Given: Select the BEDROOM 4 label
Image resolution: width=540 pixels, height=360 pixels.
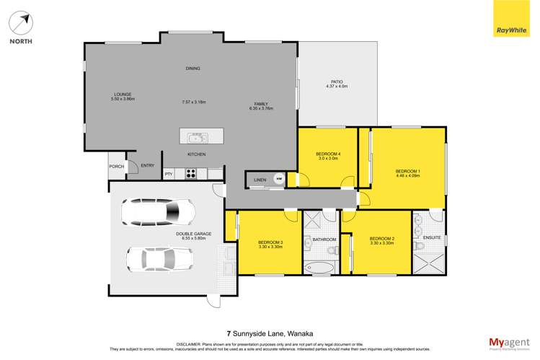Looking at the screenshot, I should click(x=327, y=154).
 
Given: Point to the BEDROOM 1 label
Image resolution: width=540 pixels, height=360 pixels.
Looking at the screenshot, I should click(x=407, y=170).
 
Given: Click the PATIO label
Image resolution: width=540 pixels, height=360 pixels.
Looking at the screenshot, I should click(x=337, y=82).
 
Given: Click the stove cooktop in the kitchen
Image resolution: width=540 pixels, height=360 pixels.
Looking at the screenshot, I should click(x=191, y=172).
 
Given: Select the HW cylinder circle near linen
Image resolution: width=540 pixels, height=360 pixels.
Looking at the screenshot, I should click(x=279, y=179).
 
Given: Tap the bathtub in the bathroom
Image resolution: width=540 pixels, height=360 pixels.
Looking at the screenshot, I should click(x=319, y=268).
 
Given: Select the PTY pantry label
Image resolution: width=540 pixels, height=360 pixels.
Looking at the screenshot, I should click(x=169, y=174).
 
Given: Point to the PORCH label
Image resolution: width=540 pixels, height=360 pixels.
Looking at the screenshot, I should click(x=117, y=167).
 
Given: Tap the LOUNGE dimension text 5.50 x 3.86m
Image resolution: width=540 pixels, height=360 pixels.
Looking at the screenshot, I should click(x=124, y=99).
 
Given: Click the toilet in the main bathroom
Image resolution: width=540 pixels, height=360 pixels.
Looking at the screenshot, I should click(x=332, y=250).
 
